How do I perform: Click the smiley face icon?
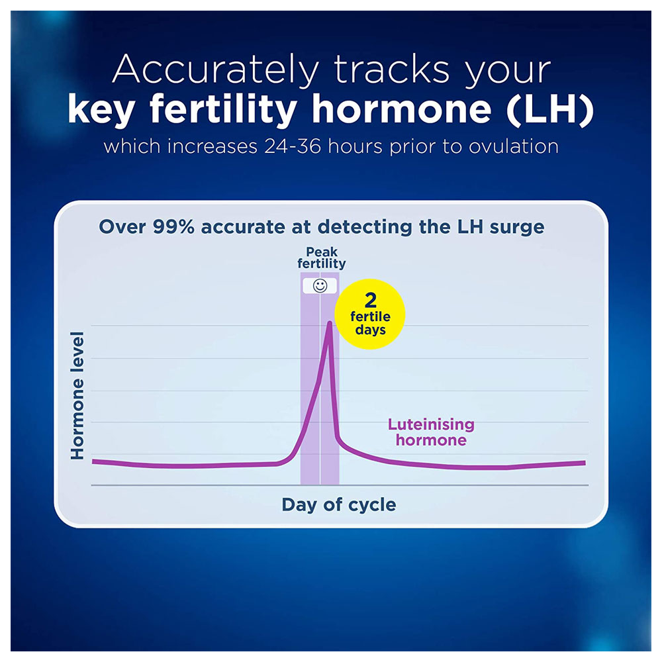[x=320, y=286]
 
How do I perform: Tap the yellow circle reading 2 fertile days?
[x=370, y=314]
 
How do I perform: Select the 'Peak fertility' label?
[x=322, y=258]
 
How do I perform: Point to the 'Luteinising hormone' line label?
[x=431, y=432]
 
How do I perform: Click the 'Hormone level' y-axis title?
[x=77, y=396]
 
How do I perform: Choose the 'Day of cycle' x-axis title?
[x=339, y=504]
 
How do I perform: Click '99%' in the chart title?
[x=173, y=226]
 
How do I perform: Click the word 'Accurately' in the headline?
[x=215, y=70]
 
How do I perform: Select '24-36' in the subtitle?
[x=293, y=146]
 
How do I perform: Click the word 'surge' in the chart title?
[x=517, y=228]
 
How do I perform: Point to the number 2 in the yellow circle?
[x=370, y=300]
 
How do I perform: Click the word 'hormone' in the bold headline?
[x=402, y=110]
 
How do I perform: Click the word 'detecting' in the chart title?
[x=365, y=228]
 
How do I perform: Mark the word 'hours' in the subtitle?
[x=355, y=146]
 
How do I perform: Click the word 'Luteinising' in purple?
[x=431, y=424]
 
